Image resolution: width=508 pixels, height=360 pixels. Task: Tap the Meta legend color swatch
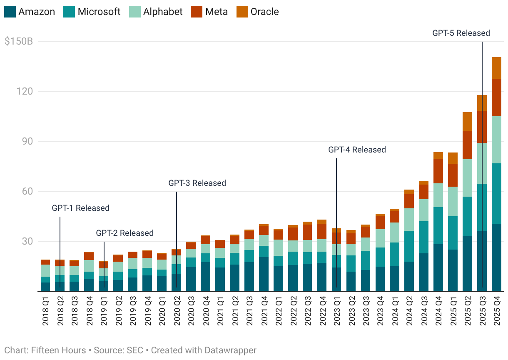196,12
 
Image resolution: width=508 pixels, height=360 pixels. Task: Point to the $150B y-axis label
18,42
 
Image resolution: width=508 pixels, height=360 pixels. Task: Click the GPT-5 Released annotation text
461,33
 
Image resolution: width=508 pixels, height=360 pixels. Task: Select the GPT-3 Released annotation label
197,183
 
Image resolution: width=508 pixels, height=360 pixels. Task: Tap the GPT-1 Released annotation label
80,208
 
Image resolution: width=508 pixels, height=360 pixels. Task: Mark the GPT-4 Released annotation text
357,150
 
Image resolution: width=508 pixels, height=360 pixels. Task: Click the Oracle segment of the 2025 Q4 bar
496,68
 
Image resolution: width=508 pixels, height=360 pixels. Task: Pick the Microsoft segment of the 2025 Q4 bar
496,193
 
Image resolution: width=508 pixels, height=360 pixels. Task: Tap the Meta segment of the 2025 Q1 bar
453,175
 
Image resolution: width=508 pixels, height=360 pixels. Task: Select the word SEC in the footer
134,350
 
